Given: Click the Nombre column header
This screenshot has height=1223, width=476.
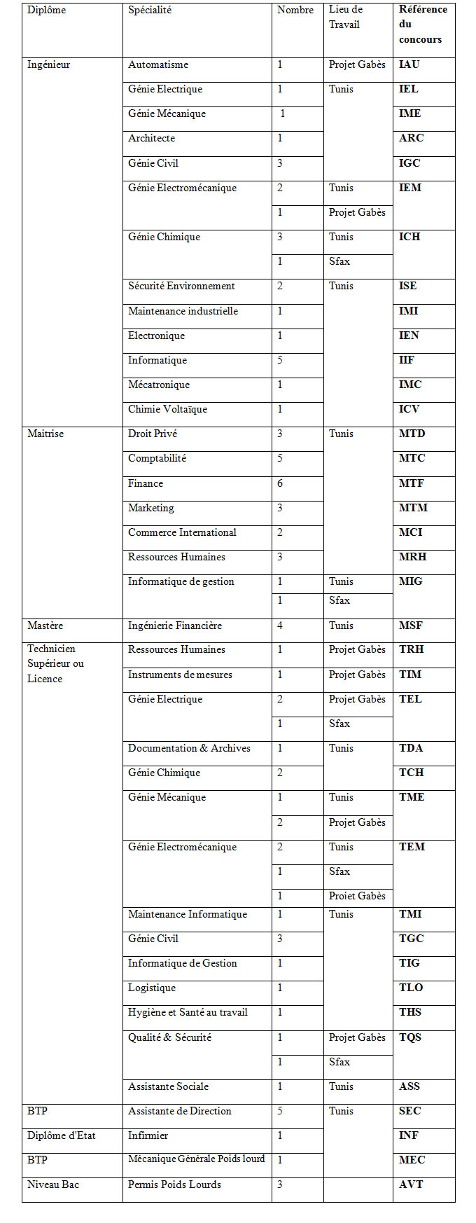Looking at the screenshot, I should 295,11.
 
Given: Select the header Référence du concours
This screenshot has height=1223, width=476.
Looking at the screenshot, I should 423,25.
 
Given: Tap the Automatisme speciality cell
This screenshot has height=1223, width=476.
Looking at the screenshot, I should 158,65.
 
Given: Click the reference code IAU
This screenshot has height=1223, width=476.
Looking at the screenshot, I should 409,65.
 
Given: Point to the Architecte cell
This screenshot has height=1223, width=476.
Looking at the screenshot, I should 151,139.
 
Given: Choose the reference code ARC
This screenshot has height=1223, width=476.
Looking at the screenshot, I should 411,139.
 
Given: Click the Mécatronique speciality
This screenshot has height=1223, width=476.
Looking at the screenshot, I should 159,385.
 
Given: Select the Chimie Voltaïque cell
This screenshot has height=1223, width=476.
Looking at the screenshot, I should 167,410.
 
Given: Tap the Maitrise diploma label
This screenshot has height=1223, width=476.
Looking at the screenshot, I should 45,434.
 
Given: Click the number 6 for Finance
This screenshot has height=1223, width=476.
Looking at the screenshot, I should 280,484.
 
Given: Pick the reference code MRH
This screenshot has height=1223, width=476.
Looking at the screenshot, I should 412,558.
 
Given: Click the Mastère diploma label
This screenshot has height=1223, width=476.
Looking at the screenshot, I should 45,626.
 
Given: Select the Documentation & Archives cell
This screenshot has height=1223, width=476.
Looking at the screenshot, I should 189,749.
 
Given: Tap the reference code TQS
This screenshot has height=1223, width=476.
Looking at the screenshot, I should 410,1038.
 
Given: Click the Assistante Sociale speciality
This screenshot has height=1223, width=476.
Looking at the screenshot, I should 168,1087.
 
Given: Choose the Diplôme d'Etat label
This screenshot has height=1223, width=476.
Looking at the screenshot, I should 61,1136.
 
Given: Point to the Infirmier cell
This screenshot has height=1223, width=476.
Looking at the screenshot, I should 148,1136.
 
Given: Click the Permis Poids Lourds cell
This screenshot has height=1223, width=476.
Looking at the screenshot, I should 174,1185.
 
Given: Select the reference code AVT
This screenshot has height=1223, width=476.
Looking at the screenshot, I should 411,1185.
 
